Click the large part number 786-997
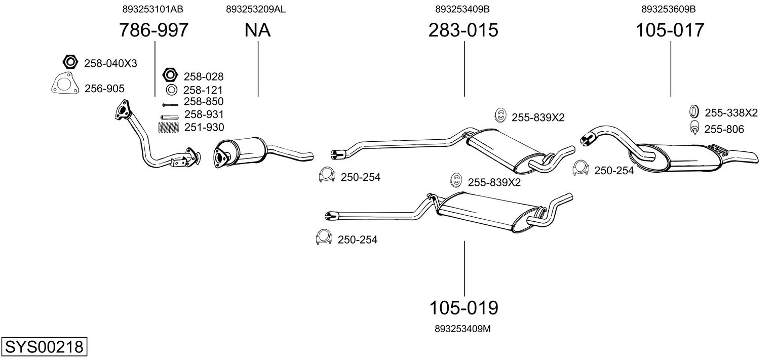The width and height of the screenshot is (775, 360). (153, 30)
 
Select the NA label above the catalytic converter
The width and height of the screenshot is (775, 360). (257, 30)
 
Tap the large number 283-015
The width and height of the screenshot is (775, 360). (463, 30)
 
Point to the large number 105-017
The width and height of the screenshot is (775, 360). (670, 30)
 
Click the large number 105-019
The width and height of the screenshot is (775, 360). (463, 307)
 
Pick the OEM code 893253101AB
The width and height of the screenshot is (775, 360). (152, 9)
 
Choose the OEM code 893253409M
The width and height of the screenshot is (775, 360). (462, 329)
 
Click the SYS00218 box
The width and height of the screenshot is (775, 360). (44, 347)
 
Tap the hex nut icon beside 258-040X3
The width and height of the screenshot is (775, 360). (70, 62)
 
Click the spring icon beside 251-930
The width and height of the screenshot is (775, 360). (169, 127)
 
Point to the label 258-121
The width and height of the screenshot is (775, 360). (203, 90)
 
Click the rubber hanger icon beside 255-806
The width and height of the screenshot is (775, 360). (694, 128)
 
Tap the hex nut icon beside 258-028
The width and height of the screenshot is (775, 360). (170, 75)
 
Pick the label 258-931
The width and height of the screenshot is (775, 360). (203, 114)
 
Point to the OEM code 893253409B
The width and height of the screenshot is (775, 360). (462, 9)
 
